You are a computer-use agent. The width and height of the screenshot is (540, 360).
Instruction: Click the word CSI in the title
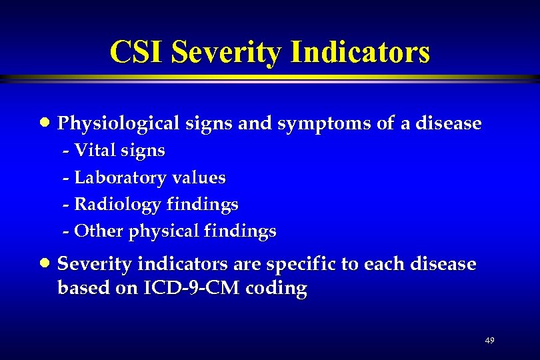point(137,51)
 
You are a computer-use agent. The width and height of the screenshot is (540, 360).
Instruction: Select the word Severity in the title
point(225,51)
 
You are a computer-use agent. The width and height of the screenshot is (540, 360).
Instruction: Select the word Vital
point(91,151)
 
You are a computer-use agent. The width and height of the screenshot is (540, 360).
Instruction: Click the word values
point(199,178)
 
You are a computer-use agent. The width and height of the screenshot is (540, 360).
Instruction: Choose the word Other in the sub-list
point(95,231)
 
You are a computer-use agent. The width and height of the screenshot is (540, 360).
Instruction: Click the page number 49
point(489,341)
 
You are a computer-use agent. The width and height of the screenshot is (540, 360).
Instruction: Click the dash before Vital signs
point(65,151)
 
